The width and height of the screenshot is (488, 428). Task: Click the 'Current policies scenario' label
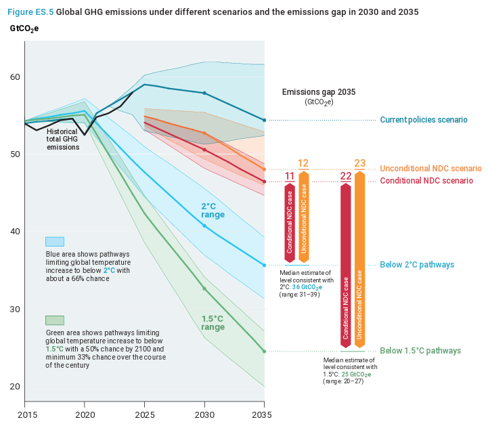(x=423, y=120)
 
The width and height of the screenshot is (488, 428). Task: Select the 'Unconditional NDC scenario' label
(x=430, y=169)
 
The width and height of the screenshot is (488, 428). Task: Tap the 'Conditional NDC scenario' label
(x=426, y=181)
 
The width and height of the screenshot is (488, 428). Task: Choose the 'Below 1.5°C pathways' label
(x=420, y=351)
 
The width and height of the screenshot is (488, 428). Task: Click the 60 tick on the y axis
(x=15, y=77)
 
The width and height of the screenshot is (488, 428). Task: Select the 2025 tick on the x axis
(x=144, y=414)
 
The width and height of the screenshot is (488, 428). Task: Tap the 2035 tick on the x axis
(x=263, y=414)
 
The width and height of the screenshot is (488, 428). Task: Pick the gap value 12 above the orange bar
(x=303, y=163)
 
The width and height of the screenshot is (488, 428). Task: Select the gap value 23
(x=359, y=163)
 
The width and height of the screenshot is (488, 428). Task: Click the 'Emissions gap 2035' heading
(x=318, y=91)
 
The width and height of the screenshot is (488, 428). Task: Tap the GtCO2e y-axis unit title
(x=25, y=28)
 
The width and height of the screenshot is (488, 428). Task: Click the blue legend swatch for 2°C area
(x=55, y=242)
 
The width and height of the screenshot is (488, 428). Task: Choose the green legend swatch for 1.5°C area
(x=55, y=320)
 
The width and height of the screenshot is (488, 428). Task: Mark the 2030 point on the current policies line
(x=204, y=93)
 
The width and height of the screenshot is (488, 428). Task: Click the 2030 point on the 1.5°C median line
(x=204, y=288)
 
